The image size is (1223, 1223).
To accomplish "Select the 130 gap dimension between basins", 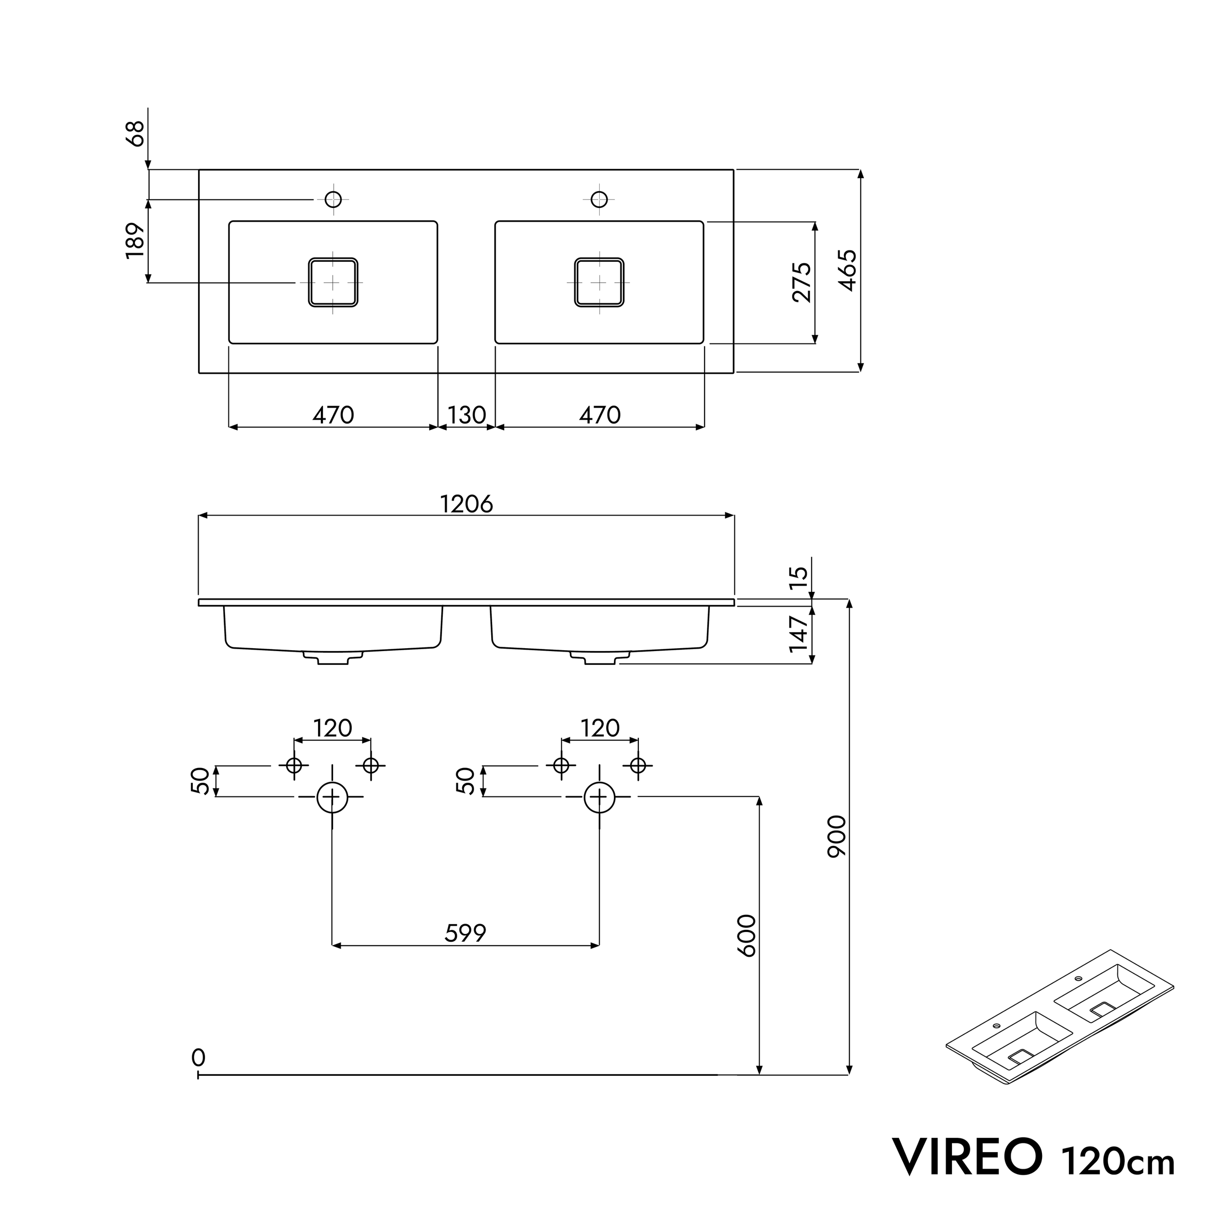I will point(467,415).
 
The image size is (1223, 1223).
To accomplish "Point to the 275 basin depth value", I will point(801,282).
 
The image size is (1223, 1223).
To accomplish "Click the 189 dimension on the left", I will point(135,241).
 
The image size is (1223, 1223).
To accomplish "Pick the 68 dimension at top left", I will point(135,134).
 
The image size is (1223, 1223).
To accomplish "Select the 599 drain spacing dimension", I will point(465,932).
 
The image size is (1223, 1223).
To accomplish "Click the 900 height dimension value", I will point(837,836).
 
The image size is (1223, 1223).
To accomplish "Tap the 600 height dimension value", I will point(747,936).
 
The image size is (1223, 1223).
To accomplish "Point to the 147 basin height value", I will point(799,634).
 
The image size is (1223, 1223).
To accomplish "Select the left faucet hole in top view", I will point(333,200).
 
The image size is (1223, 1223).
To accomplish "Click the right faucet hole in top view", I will point(599,200).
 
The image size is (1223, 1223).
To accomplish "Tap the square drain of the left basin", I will point(333,282).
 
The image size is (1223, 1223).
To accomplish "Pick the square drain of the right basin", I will point(599,282).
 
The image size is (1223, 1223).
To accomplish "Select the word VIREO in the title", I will point(967,1156).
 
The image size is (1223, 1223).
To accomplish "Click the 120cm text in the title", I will point(1117,1160).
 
